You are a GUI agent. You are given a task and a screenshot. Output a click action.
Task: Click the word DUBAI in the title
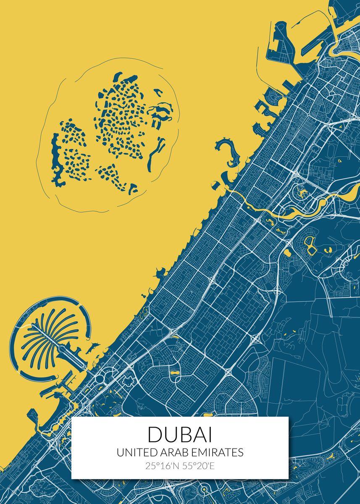point(180,434)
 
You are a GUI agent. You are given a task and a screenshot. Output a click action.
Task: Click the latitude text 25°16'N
point(161,466)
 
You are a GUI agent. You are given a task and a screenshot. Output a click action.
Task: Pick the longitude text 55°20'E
point(197,466)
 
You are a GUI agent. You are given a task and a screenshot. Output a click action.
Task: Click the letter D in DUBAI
point(154,434)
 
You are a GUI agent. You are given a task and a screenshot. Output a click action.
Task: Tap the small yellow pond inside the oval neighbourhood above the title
point(173,372)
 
